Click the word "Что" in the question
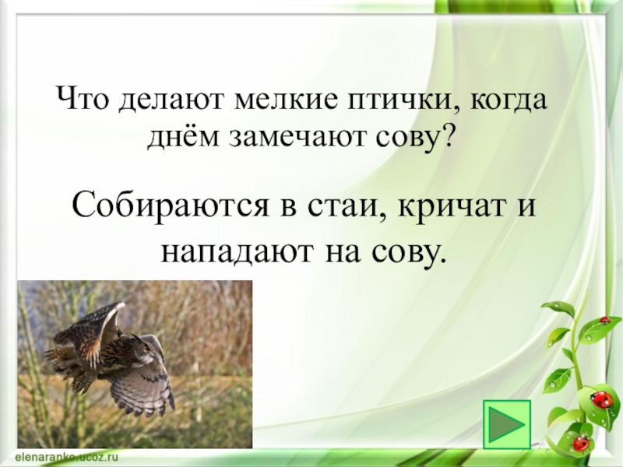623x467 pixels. (x=82, y=99)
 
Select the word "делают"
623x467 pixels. (x=172, y=100)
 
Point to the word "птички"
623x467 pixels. (x=400, y=100)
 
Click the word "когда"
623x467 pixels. (x=509, y=100)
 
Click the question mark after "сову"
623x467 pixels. (x=446, y=135)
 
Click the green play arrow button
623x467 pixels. (x=507, y=424)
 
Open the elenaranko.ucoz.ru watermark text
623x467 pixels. (x=67, y=457)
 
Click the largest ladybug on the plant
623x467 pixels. (x=601, y=399)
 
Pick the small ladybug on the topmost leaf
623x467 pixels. (x=605, y=320)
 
